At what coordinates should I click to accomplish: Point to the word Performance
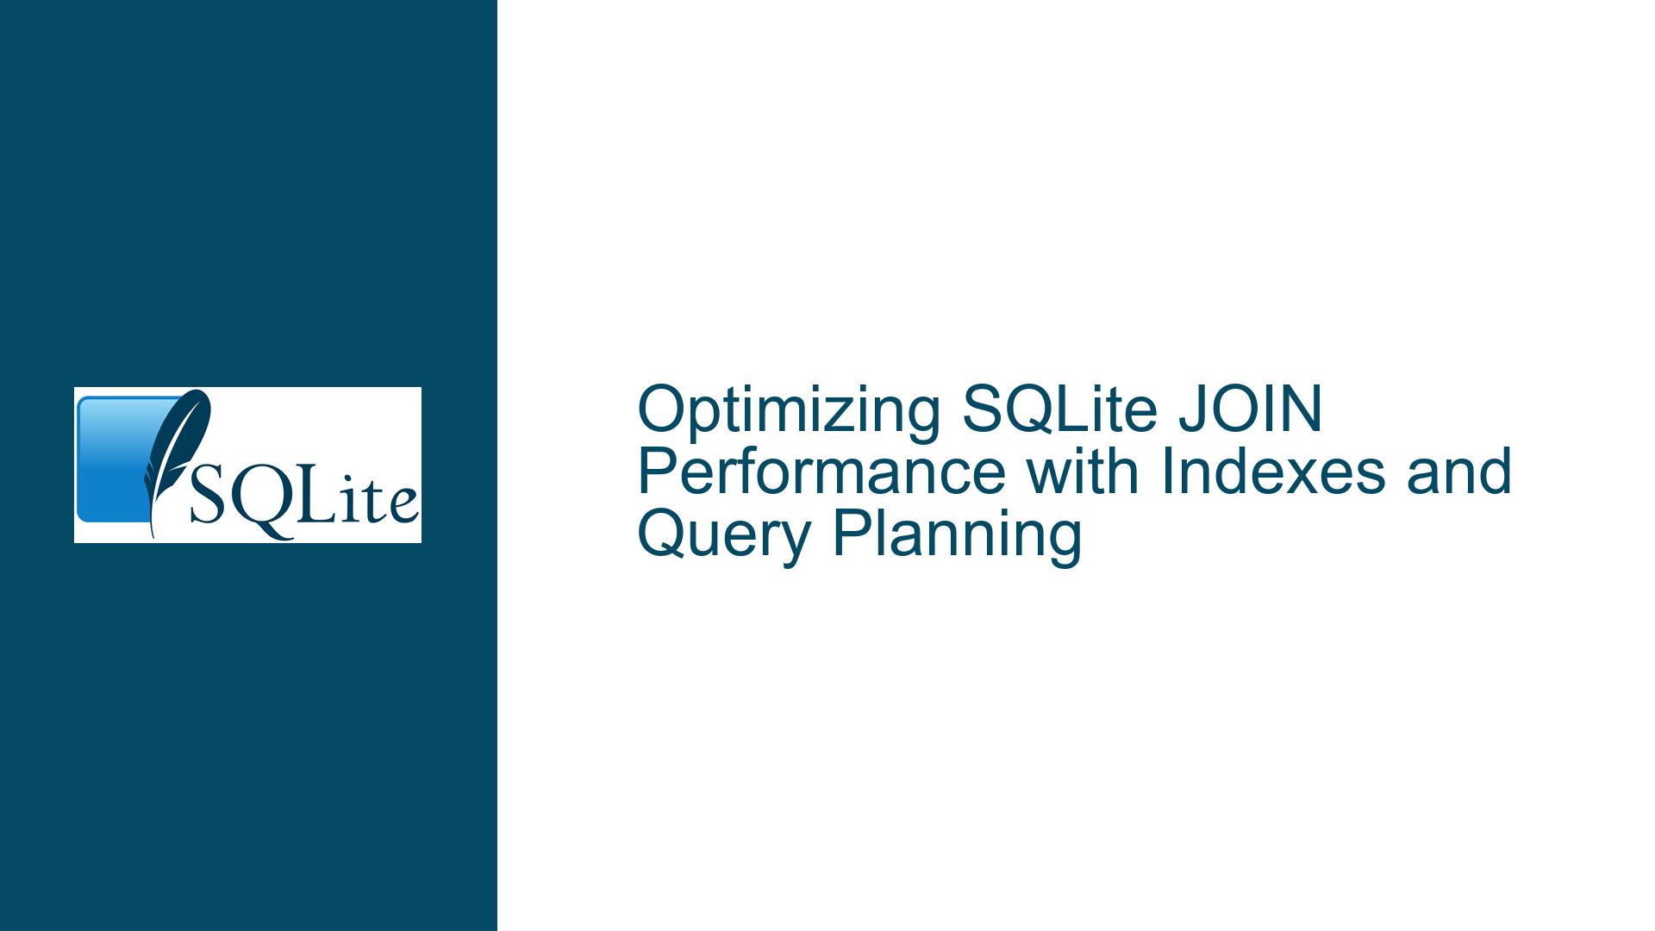[x=821, y=472]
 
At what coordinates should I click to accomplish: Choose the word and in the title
[x=1459, y=472]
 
